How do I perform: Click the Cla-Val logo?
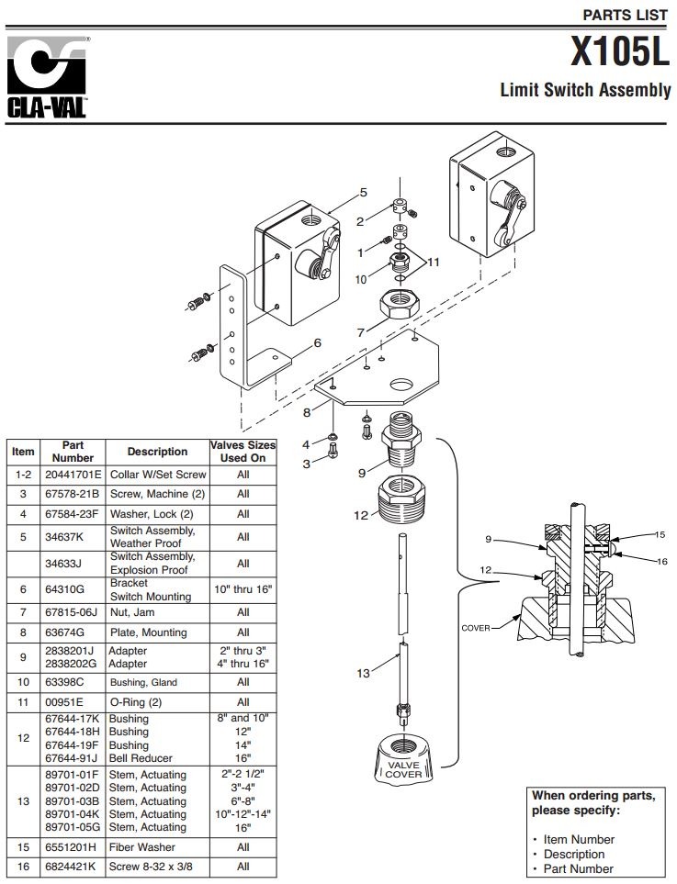[x=48, y=77]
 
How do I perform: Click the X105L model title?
[x=620, y=52]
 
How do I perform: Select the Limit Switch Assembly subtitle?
[x=585, y=91]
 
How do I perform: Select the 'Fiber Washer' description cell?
[x=141, y=847]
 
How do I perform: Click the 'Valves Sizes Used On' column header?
[x=243, y=451]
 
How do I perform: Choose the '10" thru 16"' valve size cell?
[x=243, y=588]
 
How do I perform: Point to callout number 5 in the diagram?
[x=363, y=193]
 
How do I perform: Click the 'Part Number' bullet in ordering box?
[x=578, y=868]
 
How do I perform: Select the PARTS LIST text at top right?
[x=626, y=15]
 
